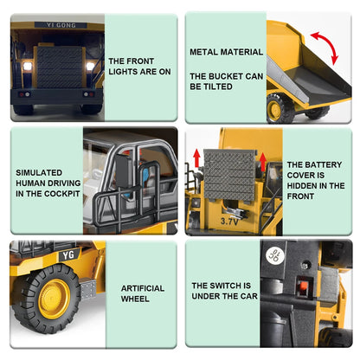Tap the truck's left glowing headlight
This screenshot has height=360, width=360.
click(25, 66)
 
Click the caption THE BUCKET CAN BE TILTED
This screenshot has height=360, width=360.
click(215, 87)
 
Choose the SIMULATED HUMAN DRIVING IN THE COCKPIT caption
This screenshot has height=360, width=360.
click(45, 183)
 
